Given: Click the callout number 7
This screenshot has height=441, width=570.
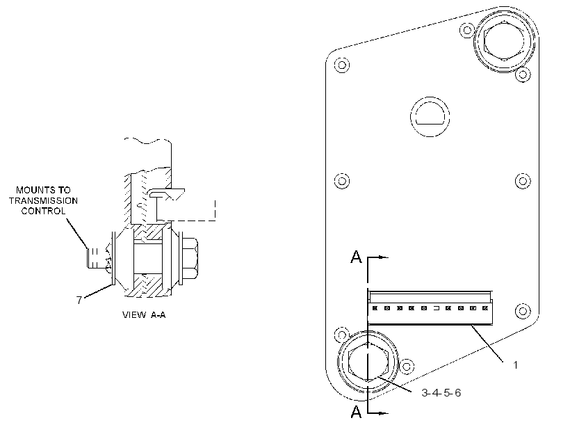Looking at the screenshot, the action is tap(79, 300).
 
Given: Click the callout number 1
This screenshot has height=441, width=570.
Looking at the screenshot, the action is tap(515, 364).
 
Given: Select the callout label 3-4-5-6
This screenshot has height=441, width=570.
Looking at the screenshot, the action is tap(441, 392).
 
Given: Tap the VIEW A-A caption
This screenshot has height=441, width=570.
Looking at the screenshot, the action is tap(144, 314).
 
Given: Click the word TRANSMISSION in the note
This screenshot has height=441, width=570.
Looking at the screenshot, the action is tap(43, 200).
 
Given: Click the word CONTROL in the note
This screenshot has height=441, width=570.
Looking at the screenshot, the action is tap(43, 211).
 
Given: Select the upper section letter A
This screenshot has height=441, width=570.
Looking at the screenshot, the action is tap(356, 257).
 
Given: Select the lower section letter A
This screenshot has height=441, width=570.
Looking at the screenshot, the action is tap(356, 412).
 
